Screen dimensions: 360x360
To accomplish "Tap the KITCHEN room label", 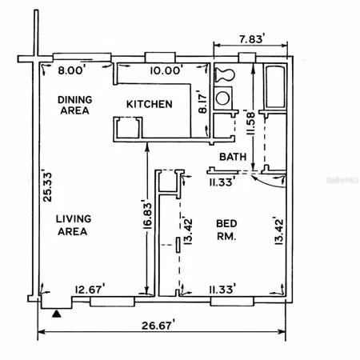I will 148,104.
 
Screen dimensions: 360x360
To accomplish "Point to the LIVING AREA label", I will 71,225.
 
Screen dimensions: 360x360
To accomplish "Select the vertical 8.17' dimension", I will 202,104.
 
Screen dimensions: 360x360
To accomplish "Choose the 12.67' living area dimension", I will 90,289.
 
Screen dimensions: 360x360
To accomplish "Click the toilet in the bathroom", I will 224,75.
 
